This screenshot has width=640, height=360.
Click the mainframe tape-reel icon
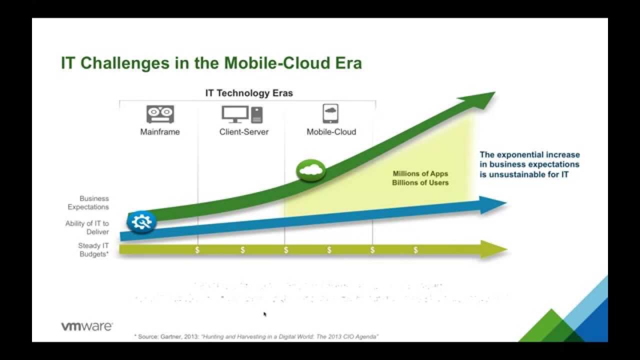pos(160,114)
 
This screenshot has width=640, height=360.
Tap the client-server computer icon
pos(242,114)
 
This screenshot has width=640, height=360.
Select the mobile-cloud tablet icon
pos(330,114)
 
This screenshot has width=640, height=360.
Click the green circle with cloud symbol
pos(310,170)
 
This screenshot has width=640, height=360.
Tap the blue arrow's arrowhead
pos(493,204)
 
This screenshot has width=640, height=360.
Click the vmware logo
pos(87,326)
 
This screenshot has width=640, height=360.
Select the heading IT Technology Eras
pos(249,93)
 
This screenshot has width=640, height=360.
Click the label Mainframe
pos(160,132)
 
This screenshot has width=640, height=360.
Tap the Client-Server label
pos(243,132)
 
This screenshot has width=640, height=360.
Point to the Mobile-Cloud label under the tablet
pos(331,132)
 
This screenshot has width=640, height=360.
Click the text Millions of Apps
pos(420,173)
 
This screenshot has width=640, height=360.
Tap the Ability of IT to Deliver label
pos(87,227)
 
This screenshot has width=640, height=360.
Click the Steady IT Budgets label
pos(93,249)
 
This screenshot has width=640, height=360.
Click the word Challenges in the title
pos(127,63)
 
